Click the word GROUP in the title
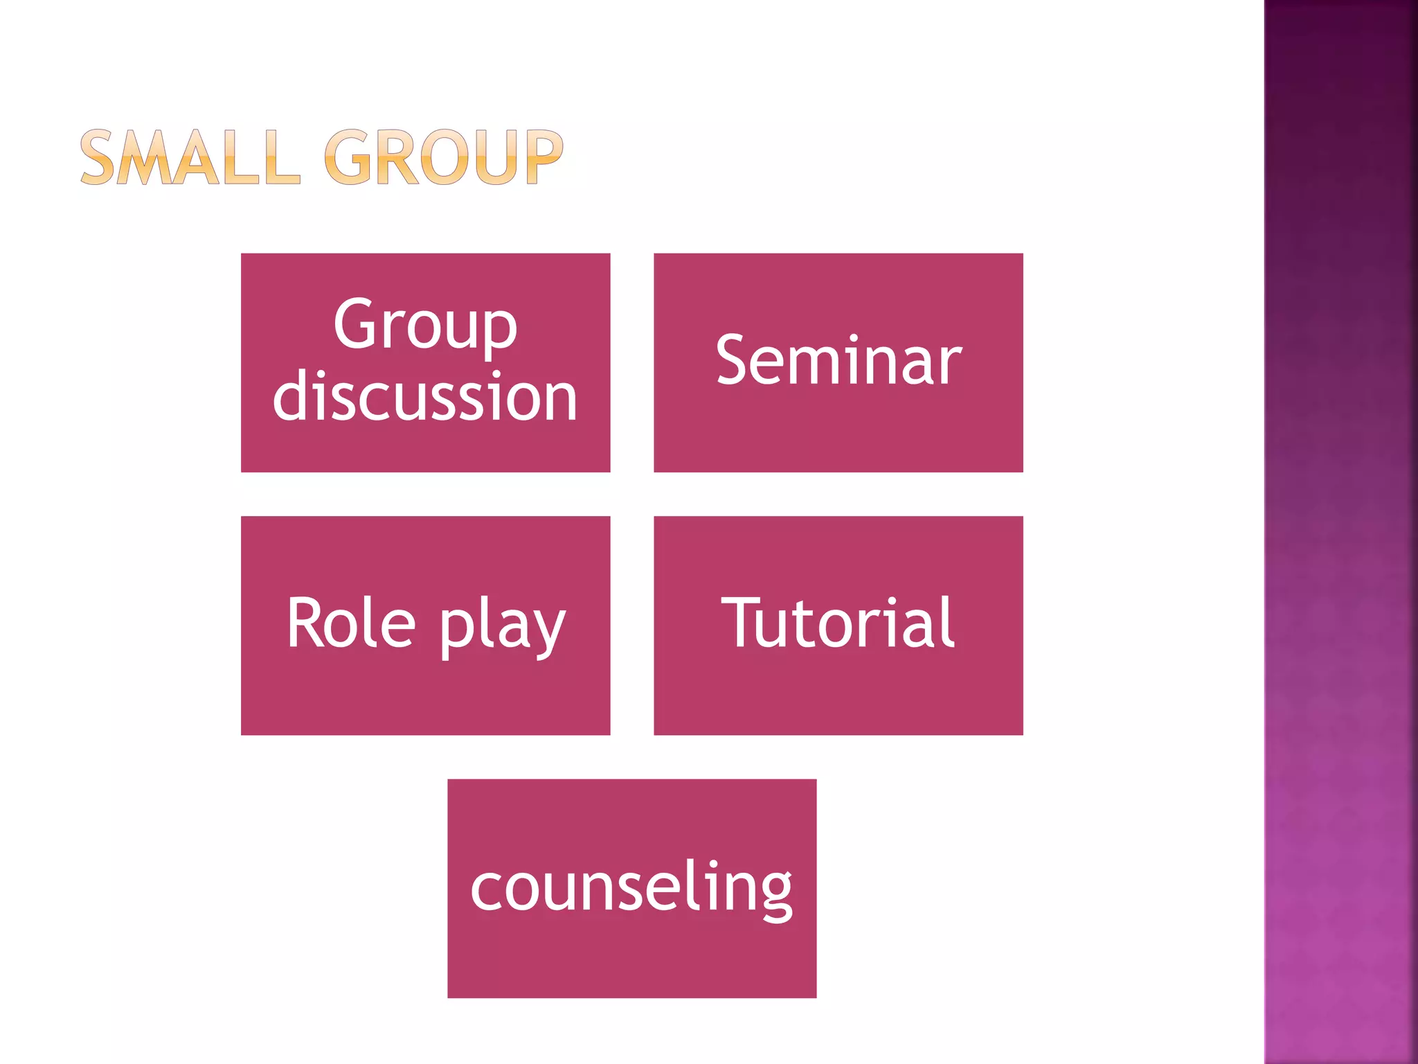(443, 158)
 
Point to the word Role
(351, 623)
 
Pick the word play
(503, 627)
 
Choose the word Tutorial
(838, 623)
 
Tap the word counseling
(631, 888)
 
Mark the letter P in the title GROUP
(544, 158)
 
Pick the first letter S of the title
(97, 158)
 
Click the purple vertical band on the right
(1340, 532)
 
